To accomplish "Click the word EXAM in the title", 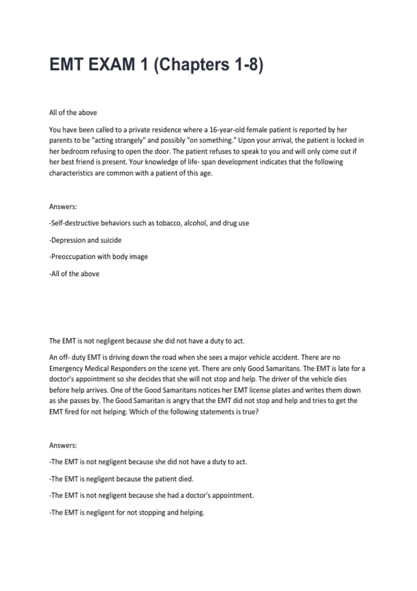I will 112,65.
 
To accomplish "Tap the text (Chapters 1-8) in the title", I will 208,65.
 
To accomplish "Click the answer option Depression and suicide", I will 85,240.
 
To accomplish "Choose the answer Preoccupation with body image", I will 99,257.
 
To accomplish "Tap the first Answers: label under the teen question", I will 63,207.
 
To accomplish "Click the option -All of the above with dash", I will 74,274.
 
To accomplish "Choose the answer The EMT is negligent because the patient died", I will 121,479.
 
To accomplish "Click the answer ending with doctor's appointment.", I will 152,495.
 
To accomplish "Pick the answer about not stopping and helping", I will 127,512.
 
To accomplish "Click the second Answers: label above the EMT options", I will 63,445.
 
